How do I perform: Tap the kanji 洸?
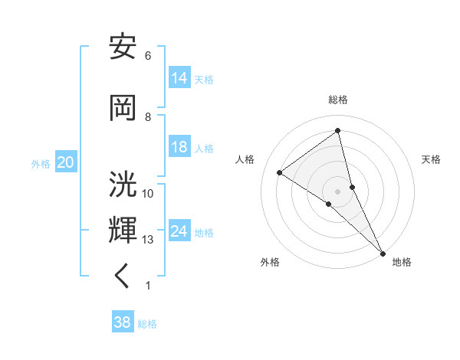pyautogui.click(x=123, y=185)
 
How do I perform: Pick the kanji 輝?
pyautogui.click(x=123, y=230)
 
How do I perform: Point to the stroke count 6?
pyautogui.click(x=148, y=56)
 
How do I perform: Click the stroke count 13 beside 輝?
pyautogui.click(x=148, y=240)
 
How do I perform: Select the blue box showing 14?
pyautogui.click(x=179, y=77)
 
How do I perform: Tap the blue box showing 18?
pyautogui.click(x=179, y=147)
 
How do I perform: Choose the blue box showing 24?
pyautogui.click(x=179, y=231)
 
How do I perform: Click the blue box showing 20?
pyautogui.click(x=65, y=162)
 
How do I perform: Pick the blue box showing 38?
pyautogui.click(x=123, y=322)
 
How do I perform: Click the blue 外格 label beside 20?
pyautogui.click(x=41, y=163)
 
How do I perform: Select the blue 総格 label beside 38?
pyautogui.click(x=147, y=324)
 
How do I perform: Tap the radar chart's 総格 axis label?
pyautogui.click(x=338, y=100)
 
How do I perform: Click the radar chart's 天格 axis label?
pyautogui.click(x=431, y=159)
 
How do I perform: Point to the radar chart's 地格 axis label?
pyautogui.click(x=402, y=262)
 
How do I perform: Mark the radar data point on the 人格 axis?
pyautogui.click(x=279, y=172)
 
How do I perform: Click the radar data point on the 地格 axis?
pyautogui.click(x=383, y=252)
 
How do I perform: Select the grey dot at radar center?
pyautogui.click(x=338, y=191)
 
